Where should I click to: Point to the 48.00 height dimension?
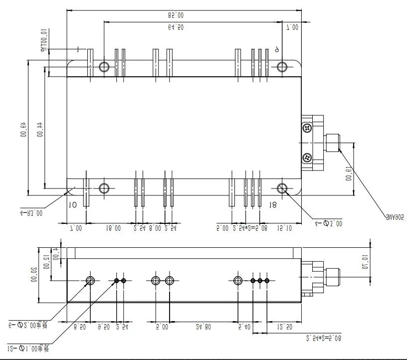pyautogui.click(x=23, y=131)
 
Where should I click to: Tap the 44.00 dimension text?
pyautogui.click(x=40, y=131)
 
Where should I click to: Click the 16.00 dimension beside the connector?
pyautogui.click(x=348, y=178)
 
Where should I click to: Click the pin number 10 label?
pyautogui.click(x=72, y=204)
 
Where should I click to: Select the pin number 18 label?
pyautogui.click(x=272, y=204)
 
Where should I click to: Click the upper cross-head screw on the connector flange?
pyautogui.click(x=307, y=129)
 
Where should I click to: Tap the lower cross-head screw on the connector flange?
pyautogui.click(x=307, y=158)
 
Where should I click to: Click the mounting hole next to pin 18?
pyautogui.click(x=282, y=188)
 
